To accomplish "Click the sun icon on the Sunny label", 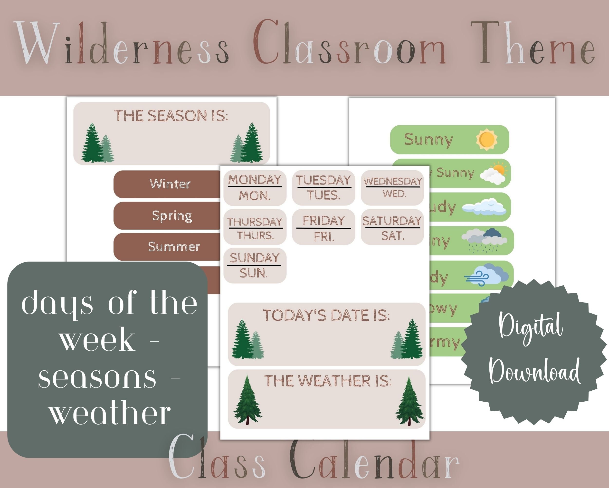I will point(486,140).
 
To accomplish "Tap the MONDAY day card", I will point(255,188).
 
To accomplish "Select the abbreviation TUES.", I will point(324,195).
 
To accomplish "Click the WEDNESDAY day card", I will point(392,187).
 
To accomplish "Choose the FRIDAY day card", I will point(324,227).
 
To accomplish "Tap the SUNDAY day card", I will point(255,265).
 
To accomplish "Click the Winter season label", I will point(170,184).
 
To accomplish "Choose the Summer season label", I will point(174,247).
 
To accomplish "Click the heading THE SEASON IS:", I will point(171,116).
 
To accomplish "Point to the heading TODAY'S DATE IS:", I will point(326,315).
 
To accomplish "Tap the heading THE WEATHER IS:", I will point(328,381).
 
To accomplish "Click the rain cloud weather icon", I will point(484,240).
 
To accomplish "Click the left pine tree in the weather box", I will point(248,400).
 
